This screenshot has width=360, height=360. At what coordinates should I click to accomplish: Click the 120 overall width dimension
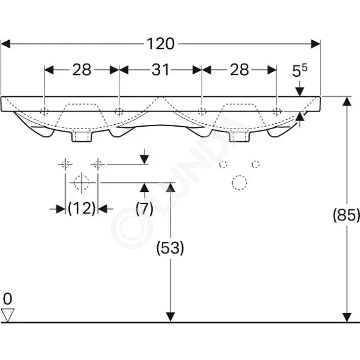[x=160, y=44]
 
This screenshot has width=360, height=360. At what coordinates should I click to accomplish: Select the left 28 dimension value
[x=82, y=69]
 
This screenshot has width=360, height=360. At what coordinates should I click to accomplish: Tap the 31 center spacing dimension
[x=160, y=69]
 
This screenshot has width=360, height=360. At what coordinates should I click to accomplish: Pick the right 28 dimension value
[x=239, y=69]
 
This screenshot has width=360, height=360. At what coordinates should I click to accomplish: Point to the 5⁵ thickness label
[x=299, y=71]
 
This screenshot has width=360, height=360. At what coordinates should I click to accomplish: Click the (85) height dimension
[x=347, y=215]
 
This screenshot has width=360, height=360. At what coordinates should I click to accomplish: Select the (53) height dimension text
[x=170, y=248]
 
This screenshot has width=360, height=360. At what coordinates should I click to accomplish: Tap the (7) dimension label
[x=144, y=208]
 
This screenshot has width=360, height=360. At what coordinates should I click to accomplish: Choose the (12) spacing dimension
[x=82, y=208]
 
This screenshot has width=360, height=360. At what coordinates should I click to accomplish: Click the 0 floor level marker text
[x=7, y=299]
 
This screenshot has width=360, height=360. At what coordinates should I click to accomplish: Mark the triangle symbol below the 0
[x=7, y=315]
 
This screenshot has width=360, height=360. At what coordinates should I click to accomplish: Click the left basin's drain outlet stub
[x=82, y=136]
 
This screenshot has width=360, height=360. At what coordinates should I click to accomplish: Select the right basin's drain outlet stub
[x=239, y=136]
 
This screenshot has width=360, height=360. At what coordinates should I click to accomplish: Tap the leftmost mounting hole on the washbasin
[x=44, y=111]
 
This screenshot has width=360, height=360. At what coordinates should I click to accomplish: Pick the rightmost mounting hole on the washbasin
[x=277, y=111]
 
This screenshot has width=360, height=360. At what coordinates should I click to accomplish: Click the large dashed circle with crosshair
[x=82, y=183]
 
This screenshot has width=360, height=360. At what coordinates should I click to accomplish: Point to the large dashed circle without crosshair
[x=239, y=183]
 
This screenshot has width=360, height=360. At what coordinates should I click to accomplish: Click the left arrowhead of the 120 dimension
[x=5, y=44]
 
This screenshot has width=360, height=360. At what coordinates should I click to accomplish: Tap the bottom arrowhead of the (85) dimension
[x=347, y=317]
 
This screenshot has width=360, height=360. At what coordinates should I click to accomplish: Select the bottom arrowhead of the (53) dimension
[x=170, y=317]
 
